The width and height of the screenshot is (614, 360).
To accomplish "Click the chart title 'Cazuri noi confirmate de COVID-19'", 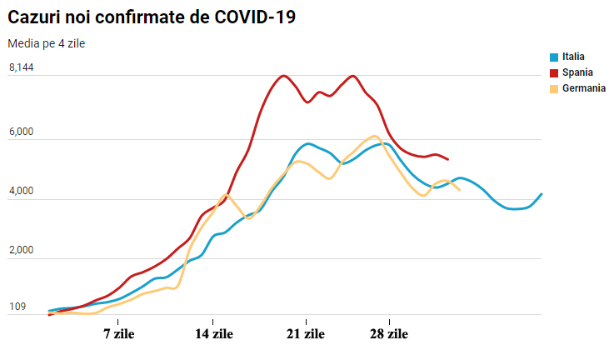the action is point(152,17).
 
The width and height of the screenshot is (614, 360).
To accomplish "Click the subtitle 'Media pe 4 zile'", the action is point(46,43).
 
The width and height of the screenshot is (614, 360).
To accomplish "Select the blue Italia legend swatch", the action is point(554,57).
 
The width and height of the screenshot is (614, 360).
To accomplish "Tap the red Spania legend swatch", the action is point(554,73).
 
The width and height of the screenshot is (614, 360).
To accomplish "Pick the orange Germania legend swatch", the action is point(554,89).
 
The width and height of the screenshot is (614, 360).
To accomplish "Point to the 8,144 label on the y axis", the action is point(22,67).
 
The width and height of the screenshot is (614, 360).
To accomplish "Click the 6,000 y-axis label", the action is point(22,132).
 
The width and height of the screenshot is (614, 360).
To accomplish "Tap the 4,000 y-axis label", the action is point(22,191).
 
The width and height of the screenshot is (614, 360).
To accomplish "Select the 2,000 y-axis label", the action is point(22,250).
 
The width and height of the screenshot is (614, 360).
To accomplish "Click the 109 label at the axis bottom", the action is point(17,307).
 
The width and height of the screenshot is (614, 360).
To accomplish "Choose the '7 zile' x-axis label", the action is point(118,334).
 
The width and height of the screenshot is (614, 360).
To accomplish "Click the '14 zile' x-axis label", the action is point(214,334).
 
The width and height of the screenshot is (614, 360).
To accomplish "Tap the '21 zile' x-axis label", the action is point(306,334).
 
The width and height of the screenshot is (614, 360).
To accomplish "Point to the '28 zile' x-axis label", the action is point(389,334).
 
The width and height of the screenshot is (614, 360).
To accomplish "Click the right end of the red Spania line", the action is point(448,159).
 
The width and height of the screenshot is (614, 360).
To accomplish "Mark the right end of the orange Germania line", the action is point(459,190).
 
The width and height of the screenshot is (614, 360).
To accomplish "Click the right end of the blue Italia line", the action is point(542,193).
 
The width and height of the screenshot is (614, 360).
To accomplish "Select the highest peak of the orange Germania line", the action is point(375,137).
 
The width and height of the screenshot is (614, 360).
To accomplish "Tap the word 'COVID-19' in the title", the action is point(255,17).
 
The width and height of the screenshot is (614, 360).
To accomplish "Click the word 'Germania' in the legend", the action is point(584,88).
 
